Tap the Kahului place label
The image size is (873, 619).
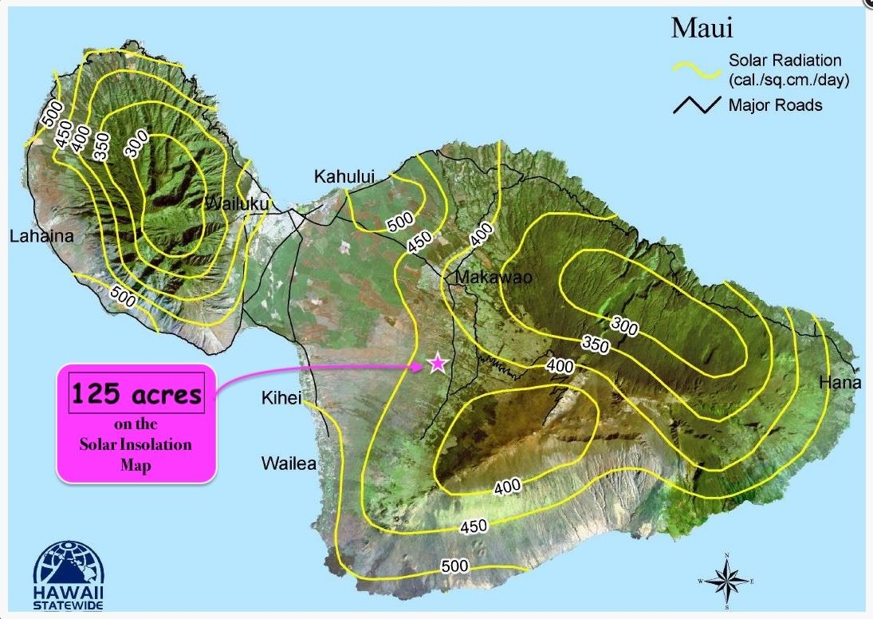coord(344,176)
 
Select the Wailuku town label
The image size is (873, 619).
coord(237,204)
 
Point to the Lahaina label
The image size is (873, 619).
coord(41,236)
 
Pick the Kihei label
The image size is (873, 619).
coord(281,398)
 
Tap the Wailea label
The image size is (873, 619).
coord(289,463)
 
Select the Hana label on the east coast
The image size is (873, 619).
coord(840,384)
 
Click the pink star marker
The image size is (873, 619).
coord(437,364)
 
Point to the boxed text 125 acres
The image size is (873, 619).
coord(136,394)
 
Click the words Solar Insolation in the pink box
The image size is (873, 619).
coord(136,444)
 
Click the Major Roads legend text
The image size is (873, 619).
coord(775,104)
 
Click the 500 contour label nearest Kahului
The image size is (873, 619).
coord(399,223)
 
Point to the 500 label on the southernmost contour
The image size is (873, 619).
coord(454,566)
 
